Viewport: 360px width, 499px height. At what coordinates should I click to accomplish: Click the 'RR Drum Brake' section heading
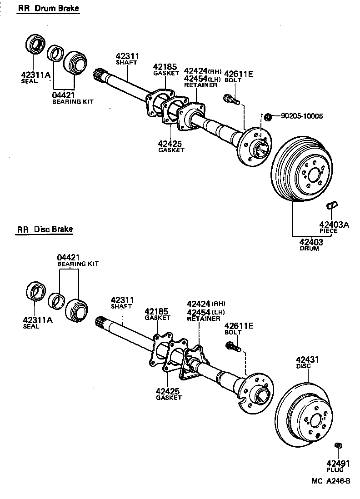click(x=48, y=9)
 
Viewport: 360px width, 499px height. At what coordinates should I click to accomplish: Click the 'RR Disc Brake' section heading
click(x=45, y=230)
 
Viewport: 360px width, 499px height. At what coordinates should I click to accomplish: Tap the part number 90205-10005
click(x=301, y=116)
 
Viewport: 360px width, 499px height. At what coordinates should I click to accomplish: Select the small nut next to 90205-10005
click(x=268, y=117)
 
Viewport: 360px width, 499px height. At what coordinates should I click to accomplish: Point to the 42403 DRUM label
click(x=311, y=245)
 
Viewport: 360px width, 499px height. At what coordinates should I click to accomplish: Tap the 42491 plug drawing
click(x=337, y=445)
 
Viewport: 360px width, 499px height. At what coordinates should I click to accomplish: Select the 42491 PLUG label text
click(x=338, y=466)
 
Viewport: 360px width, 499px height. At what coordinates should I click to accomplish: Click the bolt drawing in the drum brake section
click(x=231, y=98)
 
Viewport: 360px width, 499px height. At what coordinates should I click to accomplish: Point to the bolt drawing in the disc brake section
click(x=232, y=347)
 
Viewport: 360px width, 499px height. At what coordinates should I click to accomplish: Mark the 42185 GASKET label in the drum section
click(x=164, y=70)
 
